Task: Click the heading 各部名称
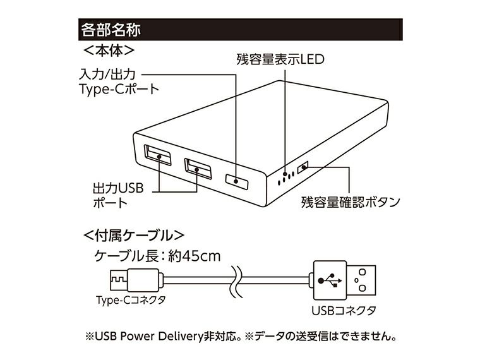[x=111, y=28]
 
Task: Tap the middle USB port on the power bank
[x=198, y=169]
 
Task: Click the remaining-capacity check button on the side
[x=304, y=167]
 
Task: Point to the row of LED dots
[x=287, y=176]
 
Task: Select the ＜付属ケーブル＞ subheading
[x=134, y=236]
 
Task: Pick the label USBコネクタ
[x=344, y=310]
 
